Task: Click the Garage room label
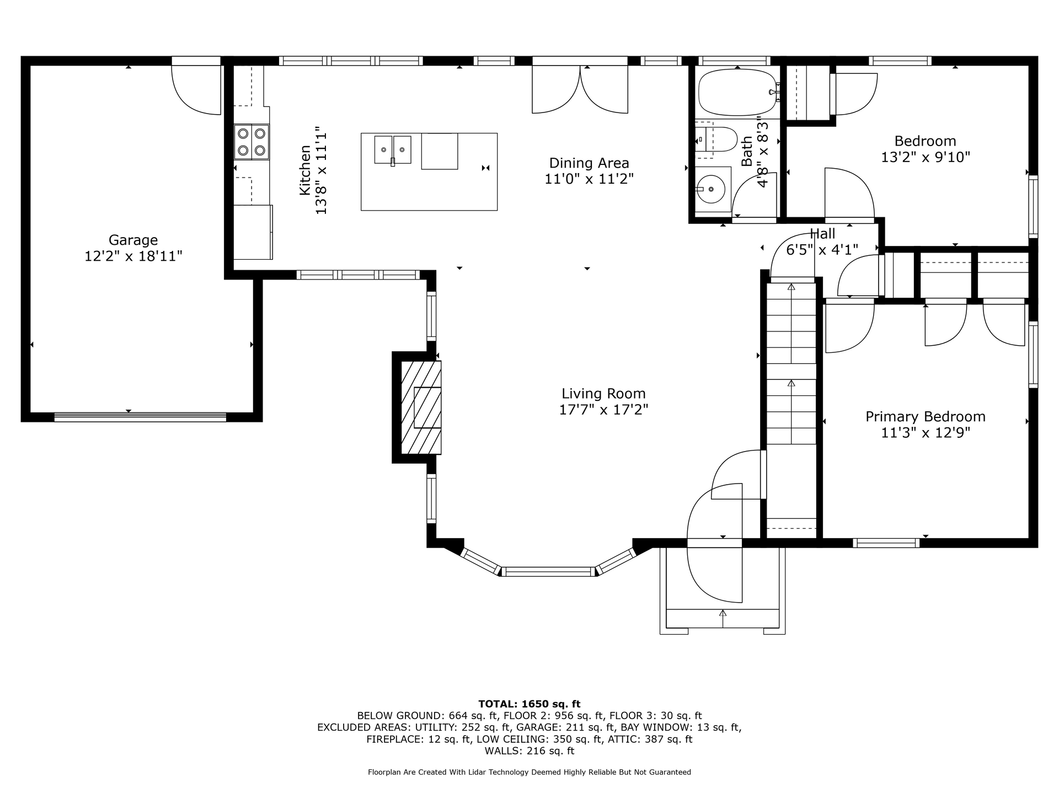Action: point(133,240)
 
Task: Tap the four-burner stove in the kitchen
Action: point(252,142)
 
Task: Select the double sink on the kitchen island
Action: point(393,149)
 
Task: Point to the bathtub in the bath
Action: point(738,92)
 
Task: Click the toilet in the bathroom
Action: point(716,139)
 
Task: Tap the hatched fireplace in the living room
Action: point(420,407)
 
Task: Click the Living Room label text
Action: point(603,394)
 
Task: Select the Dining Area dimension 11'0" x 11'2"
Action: point(589,179)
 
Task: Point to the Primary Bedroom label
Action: point(926,417)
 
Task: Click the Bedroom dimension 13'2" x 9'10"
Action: point(926,157)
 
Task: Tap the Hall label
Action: point(822,234)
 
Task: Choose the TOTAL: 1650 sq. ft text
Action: point(529,704)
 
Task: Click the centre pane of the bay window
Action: point(548,572)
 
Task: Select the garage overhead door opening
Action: point(141,417)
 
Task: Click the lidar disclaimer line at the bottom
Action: point(529,772)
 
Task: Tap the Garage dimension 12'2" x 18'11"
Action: point(133,256)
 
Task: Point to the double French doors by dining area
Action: point(580,88)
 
